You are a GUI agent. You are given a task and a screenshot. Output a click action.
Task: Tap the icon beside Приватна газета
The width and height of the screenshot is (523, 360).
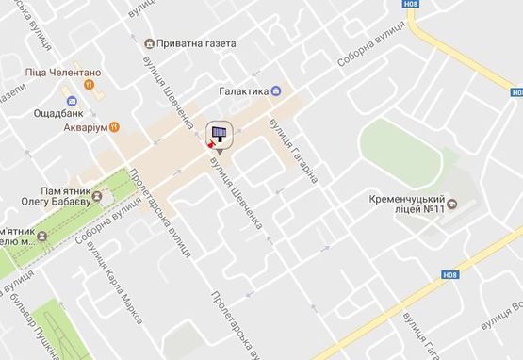150,43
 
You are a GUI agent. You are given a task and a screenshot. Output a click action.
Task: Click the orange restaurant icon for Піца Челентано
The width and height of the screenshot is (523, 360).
88,83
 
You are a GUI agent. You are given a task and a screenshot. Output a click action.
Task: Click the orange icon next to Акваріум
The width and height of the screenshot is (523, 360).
113,125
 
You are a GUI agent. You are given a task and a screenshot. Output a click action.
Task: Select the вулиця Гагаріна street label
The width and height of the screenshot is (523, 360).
294,151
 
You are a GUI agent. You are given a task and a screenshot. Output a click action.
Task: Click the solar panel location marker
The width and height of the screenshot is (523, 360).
219,135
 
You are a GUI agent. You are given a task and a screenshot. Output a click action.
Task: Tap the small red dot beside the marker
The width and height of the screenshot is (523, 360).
210,146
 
